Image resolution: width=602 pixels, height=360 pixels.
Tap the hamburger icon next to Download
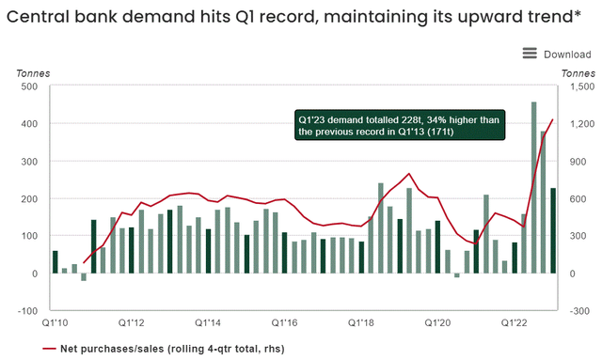click(529, 54)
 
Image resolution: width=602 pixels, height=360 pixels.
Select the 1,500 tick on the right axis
click(578, 86)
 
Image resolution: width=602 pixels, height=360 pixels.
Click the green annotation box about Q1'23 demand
click(401, 126)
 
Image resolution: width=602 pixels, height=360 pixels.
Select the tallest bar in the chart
click(534, 188)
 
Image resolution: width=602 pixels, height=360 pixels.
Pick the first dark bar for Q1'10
click(55, 262)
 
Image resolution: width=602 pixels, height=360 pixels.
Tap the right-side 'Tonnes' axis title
click(578, 72)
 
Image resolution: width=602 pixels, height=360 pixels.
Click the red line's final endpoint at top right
click(553, 120)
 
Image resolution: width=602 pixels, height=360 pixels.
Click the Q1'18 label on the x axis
click(361, 324)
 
